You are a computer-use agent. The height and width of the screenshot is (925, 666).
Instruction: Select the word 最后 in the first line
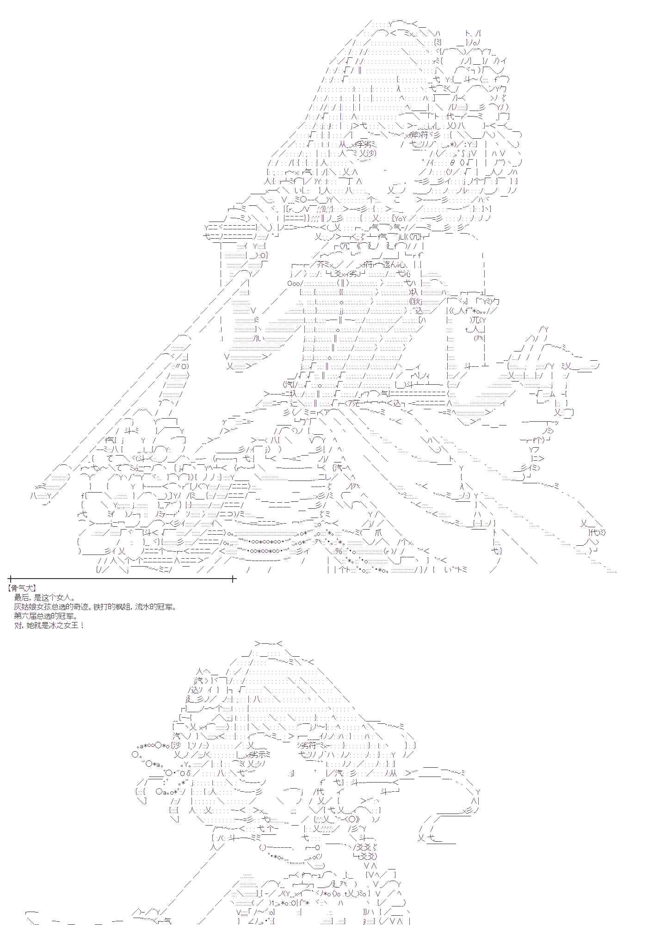pos(21,598)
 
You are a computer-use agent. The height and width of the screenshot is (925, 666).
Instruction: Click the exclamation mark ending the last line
pos(82,625)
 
